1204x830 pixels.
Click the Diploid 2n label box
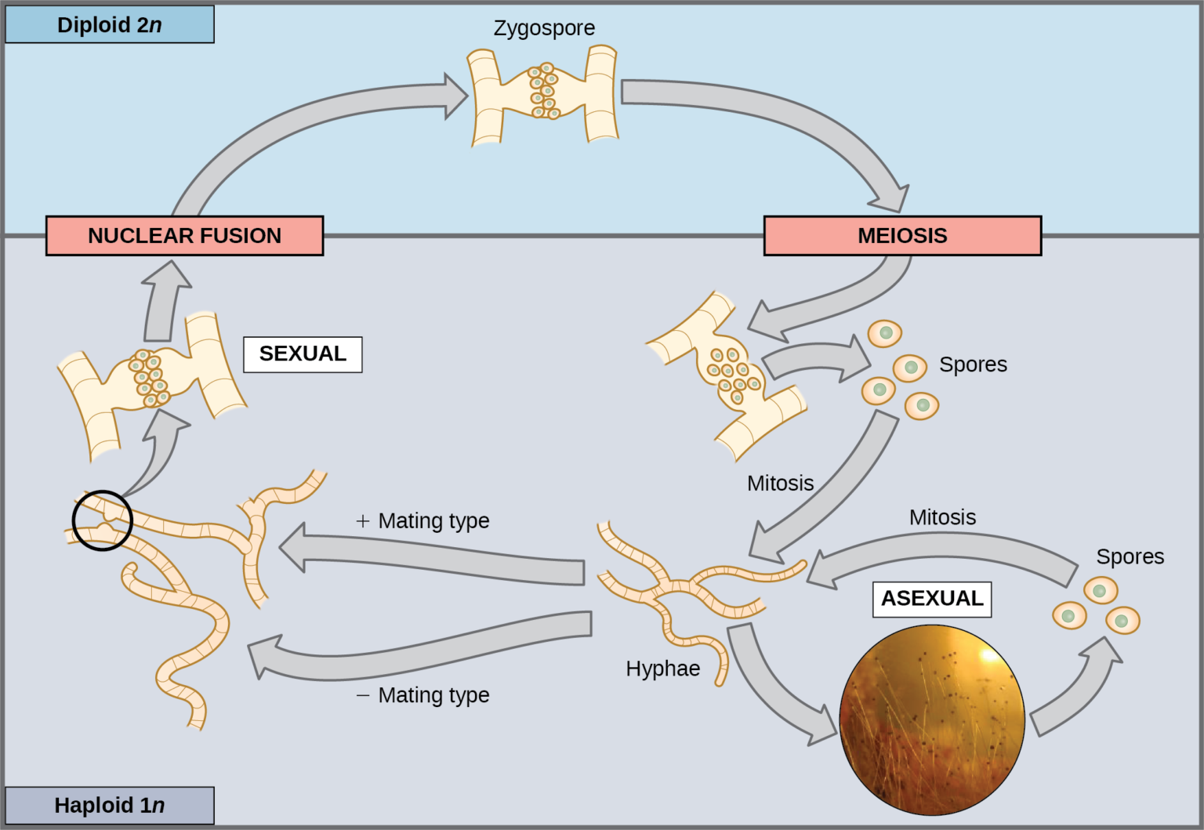tap(109, 24)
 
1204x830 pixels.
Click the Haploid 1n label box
tap(109, 805)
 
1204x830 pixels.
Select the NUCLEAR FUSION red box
tap(184, 236)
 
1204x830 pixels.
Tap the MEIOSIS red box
tap(902, 236)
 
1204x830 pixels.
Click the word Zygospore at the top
tap(544, 28)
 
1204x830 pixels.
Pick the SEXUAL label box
tap(303, 354)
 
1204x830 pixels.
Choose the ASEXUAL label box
tap(932, 599)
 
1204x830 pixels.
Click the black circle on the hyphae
tap(102, 520)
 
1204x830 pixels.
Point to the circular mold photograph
tap(932, 719)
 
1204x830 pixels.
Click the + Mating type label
tap(423, 520)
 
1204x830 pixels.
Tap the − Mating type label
tap(423, 695)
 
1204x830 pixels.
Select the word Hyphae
tap(662, 669)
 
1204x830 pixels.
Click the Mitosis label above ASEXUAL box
tap(942, 517)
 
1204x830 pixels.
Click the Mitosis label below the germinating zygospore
tap(780, 483)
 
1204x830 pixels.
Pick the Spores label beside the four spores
tap(973, 364)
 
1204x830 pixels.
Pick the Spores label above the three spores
tap(1130, 556)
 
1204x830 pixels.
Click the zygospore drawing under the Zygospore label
tap(543, 94)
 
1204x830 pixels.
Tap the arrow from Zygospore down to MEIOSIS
tap(784, 118)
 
